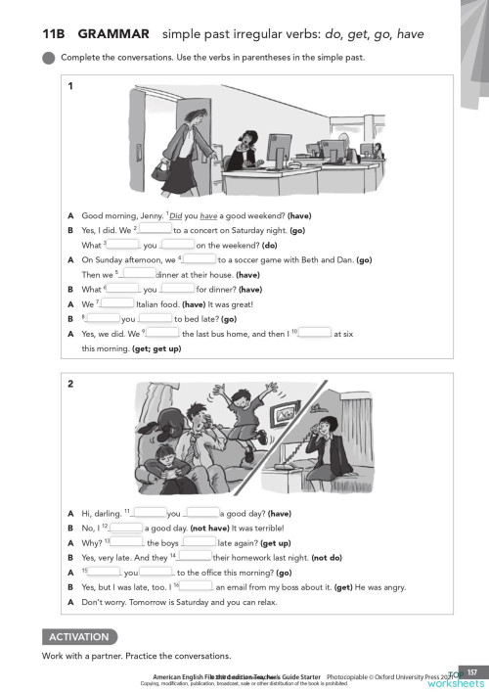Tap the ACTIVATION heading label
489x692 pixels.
click(x=76, y=636)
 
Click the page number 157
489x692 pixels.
click(x=470, y=671)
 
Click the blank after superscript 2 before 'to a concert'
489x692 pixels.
click(x=156, y=229)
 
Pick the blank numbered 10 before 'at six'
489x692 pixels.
click(x=315, y=333)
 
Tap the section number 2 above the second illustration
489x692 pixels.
click(x=70, y=384)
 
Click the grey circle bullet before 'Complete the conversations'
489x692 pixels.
click(x=49, y=57)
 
